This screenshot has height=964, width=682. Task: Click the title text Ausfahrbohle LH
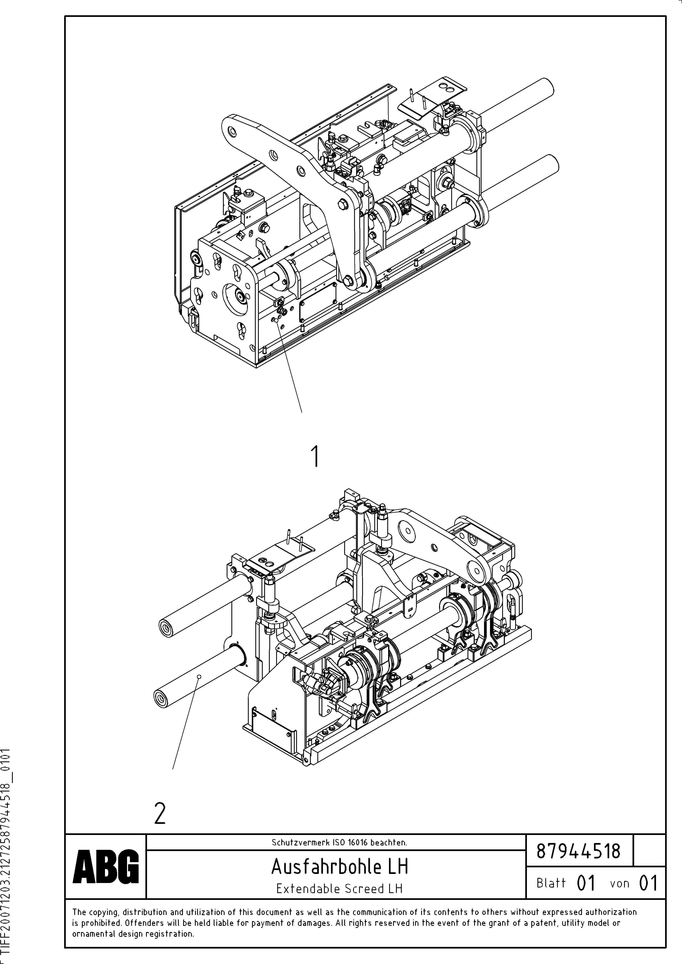339,866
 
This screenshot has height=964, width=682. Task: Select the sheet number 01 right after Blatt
586,883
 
